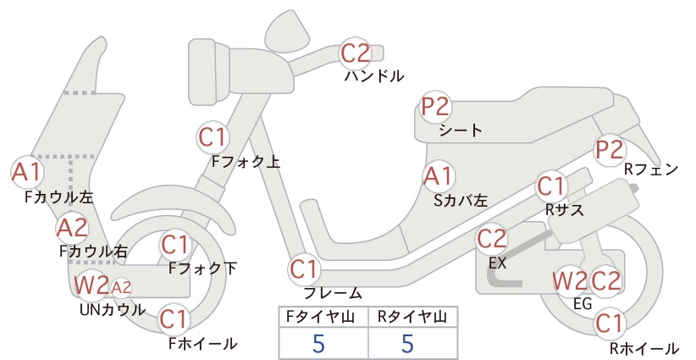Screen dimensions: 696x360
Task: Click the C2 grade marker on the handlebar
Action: click(x=356, y=53)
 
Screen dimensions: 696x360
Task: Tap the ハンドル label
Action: click(x=374, y=76)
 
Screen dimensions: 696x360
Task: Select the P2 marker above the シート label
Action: click(x=436, y=107)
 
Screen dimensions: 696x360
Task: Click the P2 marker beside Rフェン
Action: click(x=610, y=150)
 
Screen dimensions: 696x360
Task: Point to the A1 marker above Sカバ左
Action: click(x=439, y=176)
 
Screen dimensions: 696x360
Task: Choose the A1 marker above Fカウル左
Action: click(x=27, y=172)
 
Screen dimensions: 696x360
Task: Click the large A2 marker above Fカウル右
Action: click(x=73, y=228)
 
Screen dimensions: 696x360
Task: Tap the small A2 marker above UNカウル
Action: click(x=121, y=288)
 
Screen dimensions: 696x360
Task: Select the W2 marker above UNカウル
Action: click(x=91, y=285)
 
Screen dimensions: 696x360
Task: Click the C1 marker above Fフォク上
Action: click(x=213, y=137)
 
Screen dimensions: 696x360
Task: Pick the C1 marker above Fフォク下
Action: click(x=175, y=245)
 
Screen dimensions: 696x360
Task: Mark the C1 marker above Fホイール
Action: click(x=174, y=319)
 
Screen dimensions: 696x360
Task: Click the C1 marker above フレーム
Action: click(x=305, y=269)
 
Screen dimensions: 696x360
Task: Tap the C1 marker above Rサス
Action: click(x=551, y=187)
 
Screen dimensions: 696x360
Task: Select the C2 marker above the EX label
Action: click(x=492, y=239)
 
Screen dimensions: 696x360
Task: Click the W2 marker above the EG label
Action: click(x=570, y=281)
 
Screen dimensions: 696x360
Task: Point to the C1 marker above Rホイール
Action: click(x=610, y=324)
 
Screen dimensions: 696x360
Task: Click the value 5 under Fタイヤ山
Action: click(x=318, y=343)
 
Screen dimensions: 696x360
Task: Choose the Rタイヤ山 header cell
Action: click(x=412, y=317)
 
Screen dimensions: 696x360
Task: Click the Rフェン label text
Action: click(x=651, y=169)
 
